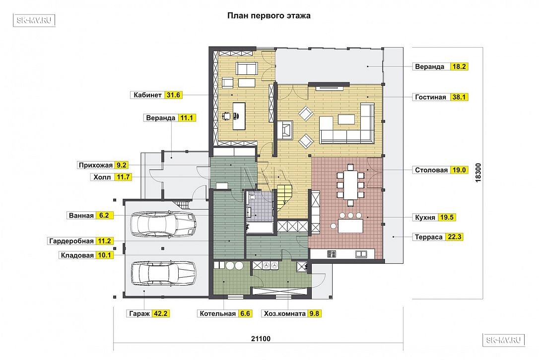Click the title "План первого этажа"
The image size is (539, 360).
[269, 16]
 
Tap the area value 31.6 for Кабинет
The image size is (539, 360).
[173, 95]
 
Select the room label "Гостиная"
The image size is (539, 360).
[430, 97]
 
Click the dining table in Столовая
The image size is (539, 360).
[350, 185]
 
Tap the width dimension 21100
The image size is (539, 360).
[261, 339]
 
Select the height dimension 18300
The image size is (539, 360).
[478, 173]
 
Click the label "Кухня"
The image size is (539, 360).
[425, 218]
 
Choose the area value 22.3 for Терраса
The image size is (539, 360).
[455, 237]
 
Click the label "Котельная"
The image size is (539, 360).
[217, 313]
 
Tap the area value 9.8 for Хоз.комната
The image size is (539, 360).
[314, 313]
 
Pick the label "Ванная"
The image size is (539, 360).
[81, 216]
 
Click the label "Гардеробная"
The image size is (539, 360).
[71, 241]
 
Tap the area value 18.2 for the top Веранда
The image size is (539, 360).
[459, 66]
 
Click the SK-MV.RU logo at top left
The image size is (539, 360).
[34, 20]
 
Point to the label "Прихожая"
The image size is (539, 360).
[96, 165]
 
